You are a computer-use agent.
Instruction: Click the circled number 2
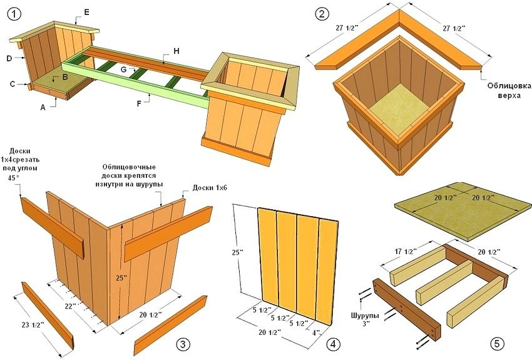click(x=322, y=14)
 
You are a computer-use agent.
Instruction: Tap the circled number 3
click(x=182, y=344)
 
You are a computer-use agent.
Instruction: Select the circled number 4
click(x=332, y=344)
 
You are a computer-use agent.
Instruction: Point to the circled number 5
click(x=498, y=344)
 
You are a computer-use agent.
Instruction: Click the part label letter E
click(x=86, y=12)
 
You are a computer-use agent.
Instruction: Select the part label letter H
click(x=176, y=50)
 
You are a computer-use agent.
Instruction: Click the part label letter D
click(x=9, y=58)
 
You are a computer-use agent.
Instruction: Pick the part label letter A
click(x=43, y=107)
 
